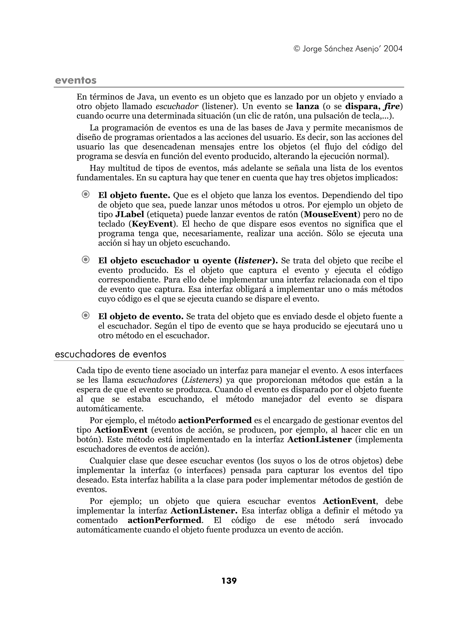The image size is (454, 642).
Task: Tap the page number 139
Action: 229,581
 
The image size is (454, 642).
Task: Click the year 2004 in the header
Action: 393,49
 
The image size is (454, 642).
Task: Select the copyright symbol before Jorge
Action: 297,49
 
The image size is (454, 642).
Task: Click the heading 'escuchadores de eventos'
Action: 110,354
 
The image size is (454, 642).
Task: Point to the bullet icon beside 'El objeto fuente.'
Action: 86,194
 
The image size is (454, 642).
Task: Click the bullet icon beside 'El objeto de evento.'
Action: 86,315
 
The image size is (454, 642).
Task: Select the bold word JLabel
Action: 129,214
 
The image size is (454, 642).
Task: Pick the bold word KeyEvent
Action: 152,224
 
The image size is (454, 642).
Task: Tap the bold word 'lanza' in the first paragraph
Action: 307,107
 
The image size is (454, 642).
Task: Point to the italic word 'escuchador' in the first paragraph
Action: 177,107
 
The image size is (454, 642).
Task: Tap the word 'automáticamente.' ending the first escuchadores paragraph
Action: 110,409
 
